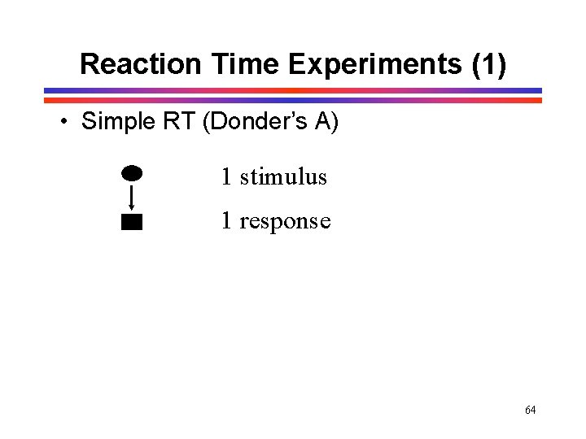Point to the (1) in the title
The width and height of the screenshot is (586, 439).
click(x=488, y=63)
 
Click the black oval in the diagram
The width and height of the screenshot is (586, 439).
click(x=132, y=172)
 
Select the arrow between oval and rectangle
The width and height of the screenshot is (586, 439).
click(x=132, y=196)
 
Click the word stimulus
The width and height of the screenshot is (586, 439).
click(x=283, y=176)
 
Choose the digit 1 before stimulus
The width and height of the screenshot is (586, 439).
click(x=226, y=176)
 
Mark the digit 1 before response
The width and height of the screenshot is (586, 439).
click(x=226, y=220)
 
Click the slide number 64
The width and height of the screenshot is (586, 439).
click(x=531, y=410)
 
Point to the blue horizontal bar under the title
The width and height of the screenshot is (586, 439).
click(x=293, y=90)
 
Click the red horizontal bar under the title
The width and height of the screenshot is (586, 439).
click(x=293, y=100)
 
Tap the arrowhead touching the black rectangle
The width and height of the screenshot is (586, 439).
click(x=132, y=210)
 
